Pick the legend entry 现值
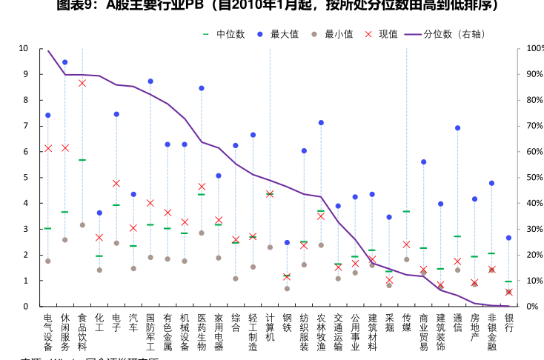382,34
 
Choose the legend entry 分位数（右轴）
445,34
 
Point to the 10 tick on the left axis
24,49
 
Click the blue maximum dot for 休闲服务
65,62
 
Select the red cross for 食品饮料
82,83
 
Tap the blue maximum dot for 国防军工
150,81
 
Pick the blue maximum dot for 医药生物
202,88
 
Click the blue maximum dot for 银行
508,238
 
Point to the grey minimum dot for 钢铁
287,288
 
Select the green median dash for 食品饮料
82,160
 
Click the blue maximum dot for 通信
457,128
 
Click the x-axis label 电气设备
48,331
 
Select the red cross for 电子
116,183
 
